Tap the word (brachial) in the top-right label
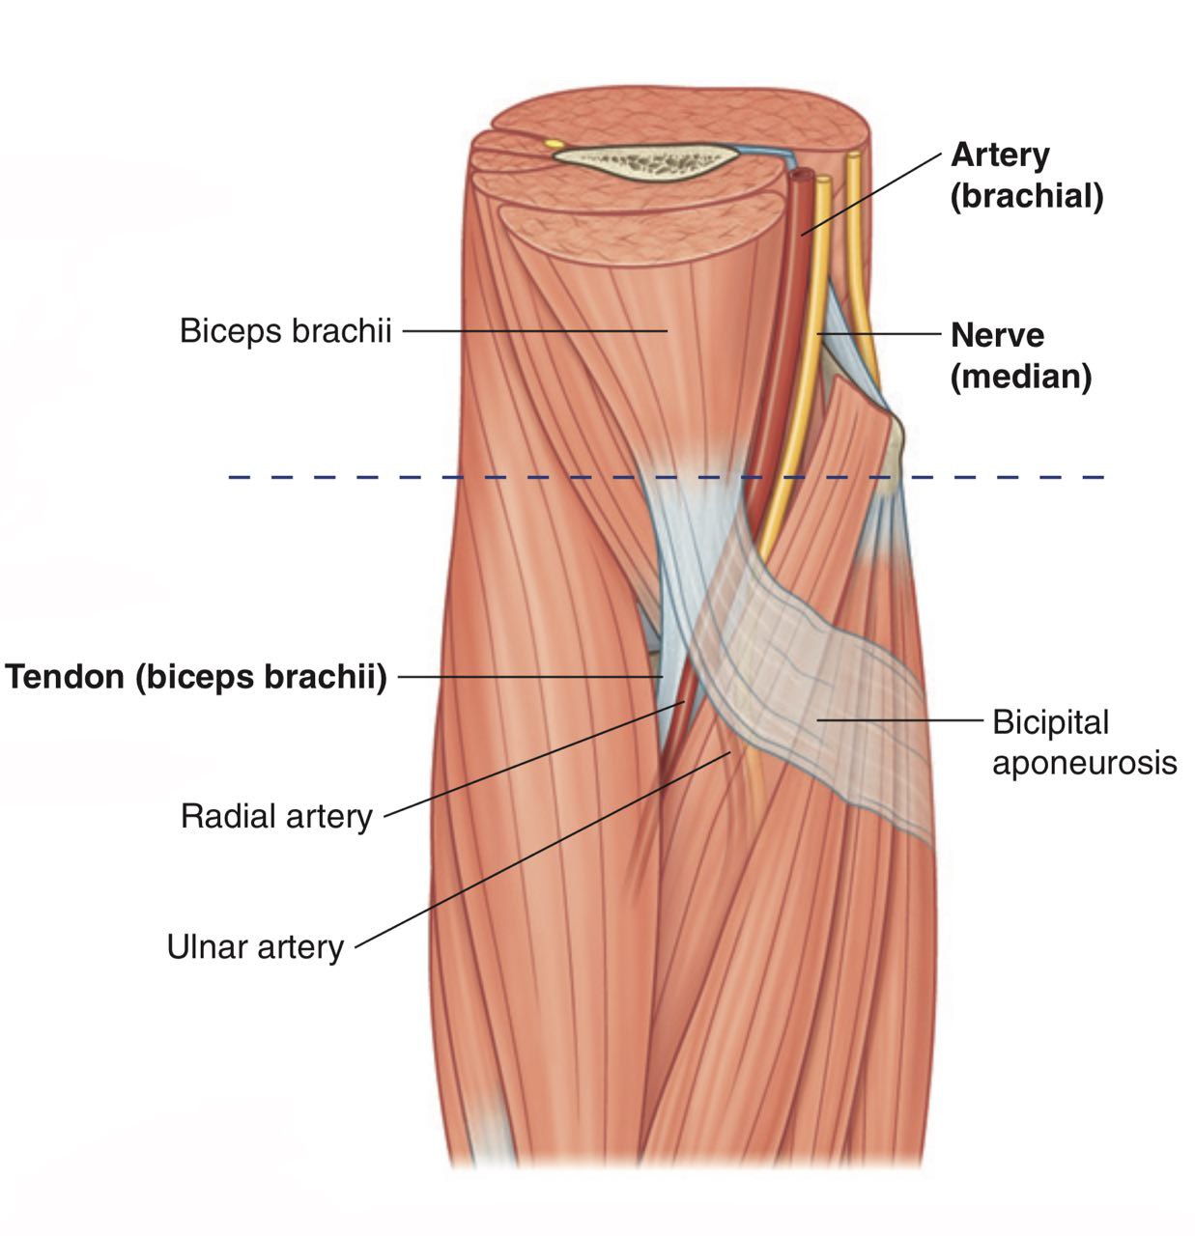[1027, 197]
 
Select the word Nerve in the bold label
[997, 335]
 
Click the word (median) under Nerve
[1021, 378]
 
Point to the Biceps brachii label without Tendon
[286, 331]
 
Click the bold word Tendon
[65, 677]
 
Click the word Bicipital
[1051, 723]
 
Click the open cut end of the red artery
[802, 174]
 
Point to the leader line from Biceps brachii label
[535, 331]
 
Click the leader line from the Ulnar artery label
[543, 851]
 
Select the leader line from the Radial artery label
[534, 759]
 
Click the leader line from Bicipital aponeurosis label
[899, 719]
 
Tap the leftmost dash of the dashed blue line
[239, 477]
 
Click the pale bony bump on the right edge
[892, 454]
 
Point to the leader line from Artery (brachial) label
[871, 194]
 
